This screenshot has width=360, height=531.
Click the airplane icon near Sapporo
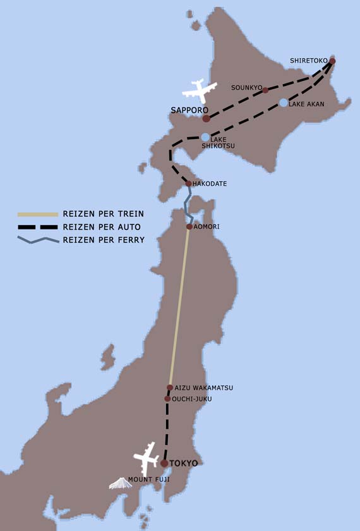200,90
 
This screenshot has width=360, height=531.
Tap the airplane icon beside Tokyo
146,457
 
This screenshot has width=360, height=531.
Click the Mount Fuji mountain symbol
120,484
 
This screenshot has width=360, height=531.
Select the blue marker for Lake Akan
284,102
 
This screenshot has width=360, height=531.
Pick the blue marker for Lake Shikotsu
205,137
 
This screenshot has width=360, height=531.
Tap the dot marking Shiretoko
332,61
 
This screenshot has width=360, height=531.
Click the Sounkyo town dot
265,90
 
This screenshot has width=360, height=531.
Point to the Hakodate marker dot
188,183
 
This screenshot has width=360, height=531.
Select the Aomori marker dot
189,226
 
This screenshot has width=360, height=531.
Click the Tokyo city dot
164,463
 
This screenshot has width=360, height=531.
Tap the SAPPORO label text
189,110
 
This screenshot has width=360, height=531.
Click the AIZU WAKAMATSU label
203,388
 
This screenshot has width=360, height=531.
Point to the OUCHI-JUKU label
192,400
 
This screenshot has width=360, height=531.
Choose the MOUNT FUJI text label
149,480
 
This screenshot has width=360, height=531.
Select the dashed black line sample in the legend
38,227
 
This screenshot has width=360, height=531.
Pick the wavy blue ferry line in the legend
38,240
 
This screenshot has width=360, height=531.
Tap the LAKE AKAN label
306,104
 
